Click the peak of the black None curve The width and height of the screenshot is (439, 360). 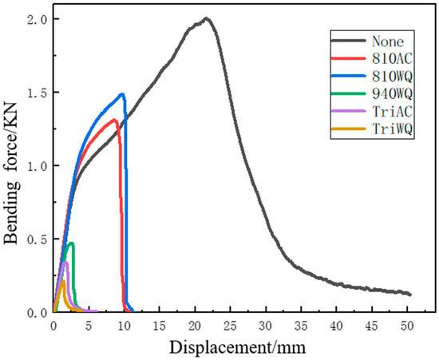(207, 18)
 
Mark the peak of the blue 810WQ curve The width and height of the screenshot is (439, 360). (122, 94)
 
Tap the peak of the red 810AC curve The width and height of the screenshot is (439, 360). (115, 121)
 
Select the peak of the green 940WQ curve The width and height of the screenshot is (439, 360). (72, 243)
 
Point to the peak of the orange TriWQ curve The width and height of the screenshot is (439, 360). (62, 281)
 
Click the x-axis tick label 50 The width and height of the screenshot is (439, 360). (407, 326)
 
